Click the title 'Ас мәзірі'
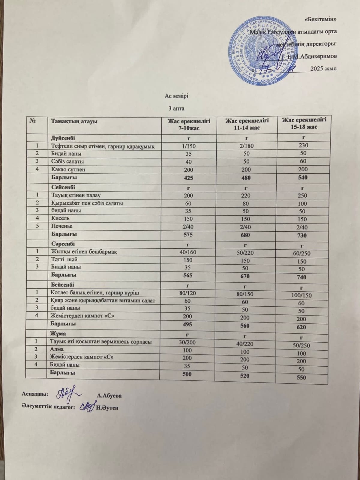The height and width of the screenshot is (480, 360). click(x=176, y=96)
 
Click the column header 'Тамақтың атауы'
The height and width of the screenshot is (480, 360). click(x=74, y=121)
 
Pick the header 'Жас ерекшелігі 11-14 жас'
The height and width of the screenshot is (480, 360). click(x=247, y=124)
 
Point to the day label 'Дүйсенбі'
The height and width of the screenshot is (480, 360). click(x=63, y=138)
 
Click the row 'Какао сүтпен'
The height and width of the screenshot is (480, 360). click(x=68, y=169)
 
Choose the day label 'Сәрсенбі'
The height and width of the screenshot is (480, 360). click(x=63, y=244)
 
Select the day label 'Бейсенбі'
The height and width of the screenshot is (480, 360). click(x=62, y=284)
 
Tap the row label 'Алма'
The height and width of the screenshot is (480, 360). click(x=57, y=349)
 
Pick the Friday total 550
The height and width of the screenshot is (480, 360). click(x=301, y=378)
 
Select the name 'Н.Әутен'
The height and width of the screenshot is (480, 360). click(x=108, y=408)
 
